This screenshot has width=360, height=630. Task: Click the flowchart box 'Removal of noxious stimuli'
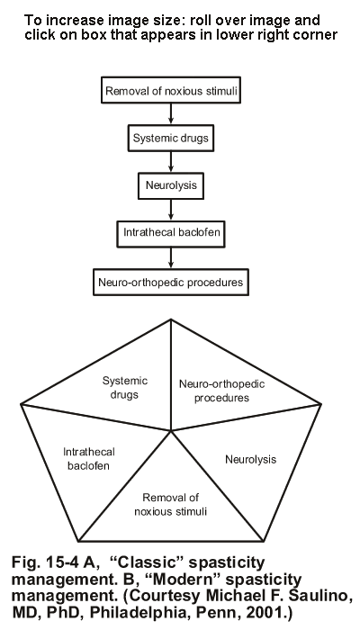[171, 90]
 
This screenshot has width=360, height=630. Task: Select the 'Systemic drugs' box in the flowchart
[171, 138]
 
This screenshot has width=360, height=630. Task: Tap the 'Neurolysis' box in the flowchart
[171, 185]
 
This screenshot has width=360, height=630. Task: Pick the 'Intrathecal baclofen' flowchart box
[171, 233]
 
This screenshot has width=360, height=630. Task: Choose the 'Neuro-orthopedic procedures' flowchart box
[171, 282]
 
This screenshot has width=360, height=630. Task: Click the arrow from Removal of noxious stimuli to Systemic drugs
[171, 113]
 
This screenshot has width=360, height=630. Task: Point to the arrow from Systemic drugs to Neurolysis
[171, 162]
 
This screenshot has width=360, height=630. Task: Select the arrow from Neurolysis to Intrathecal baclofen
[171, 210]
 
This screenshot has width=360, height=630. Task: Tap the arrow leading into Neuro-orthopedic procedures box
[171, 257]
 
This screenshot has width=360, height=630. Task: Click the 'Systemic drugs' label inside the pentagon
[124, 388]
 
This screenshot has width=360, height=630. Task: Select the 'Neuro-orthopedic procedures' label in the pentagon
[221, 391]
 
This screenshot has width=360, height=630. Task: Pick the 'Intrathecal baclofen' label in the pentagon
[89, 458]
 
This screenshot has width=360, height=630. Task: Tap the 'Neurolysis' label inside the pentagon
[251, 459]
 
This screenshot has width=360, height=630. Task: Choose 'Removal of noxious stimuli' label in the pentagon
[171, 505]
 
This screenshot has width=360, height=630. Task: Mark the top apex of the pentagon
[171, 319]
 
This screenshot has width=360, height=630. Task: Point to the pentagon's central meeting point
[171, 431]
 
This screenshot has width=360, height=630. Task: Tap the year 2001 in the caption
[266, 612]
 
